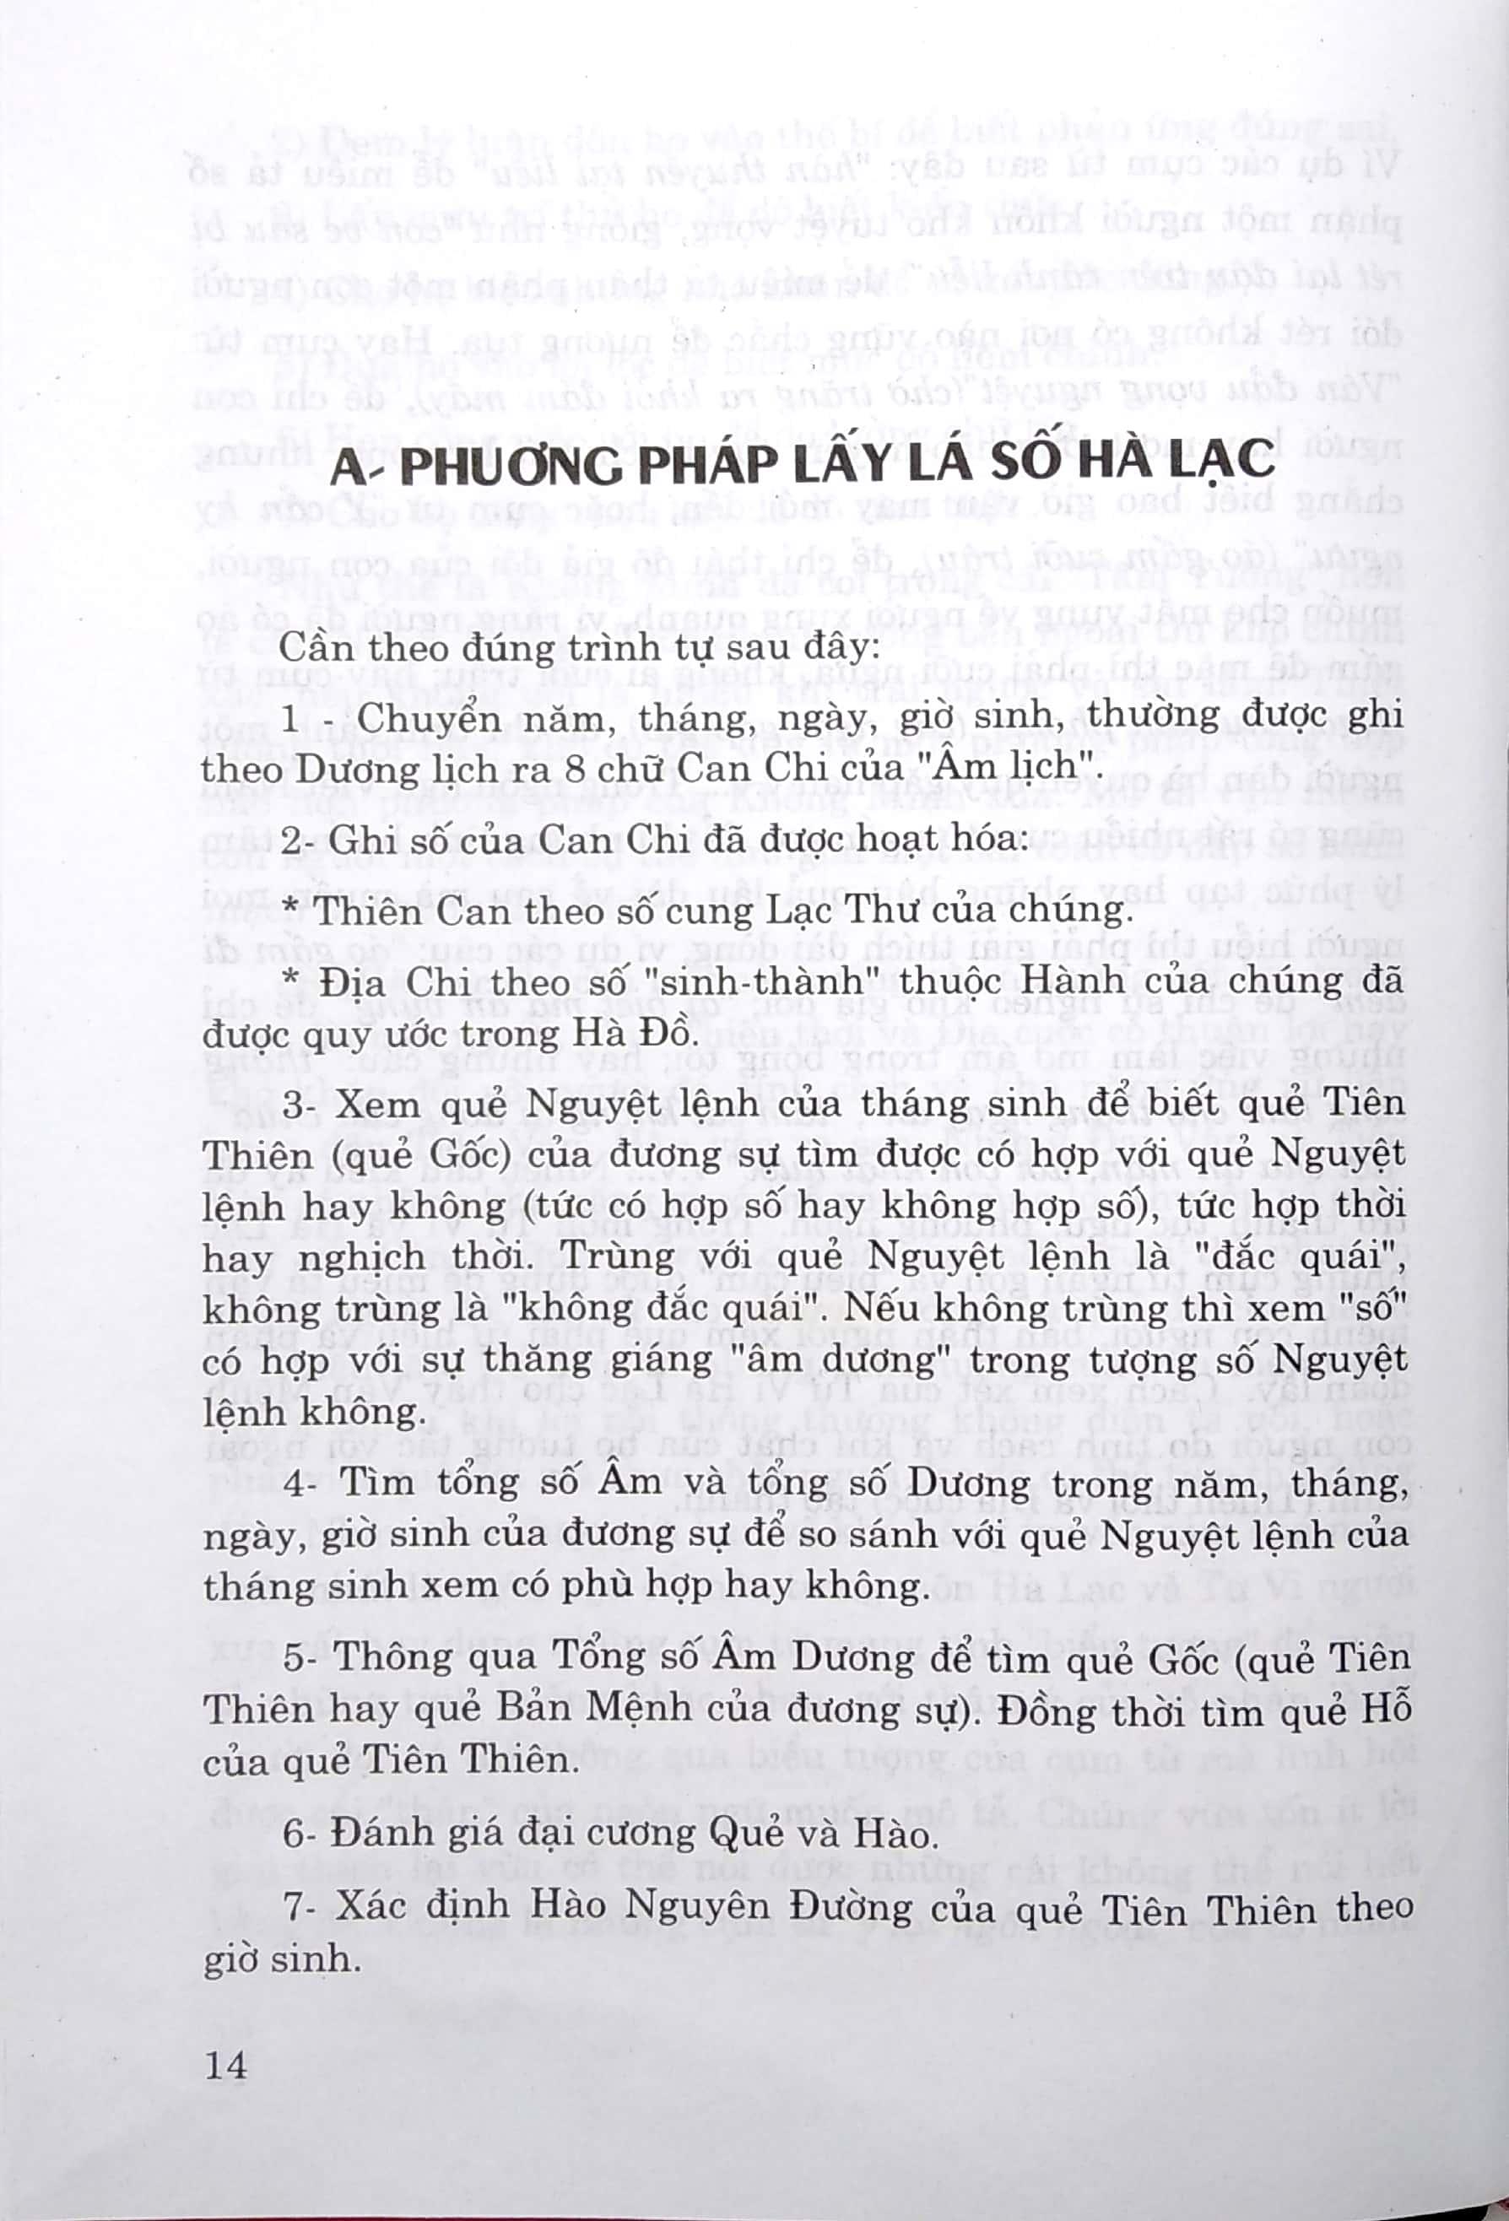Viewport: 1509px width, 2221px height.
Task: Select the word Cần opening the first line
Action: tap(313, 649)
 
